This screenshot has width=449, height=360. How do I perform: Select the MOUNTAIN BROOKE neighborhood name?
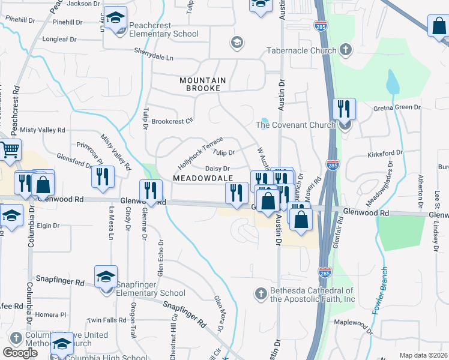click(203, 84)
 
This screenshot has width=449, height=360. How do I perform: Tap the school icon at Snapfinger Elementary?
click(106, 277)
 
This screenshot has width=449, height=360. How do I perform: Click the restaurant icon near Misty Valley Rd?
click(103, 177)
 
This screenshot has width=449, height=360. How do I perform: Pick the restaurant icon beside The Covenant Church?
click(344, 109)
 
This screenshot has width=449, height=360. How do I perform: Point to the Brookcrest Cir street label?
click(172, 121)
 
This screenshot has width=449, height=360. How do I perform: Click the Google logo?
click(20, 353)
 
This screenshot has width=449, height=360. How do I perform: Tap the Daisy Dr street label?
click(218, 169)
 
